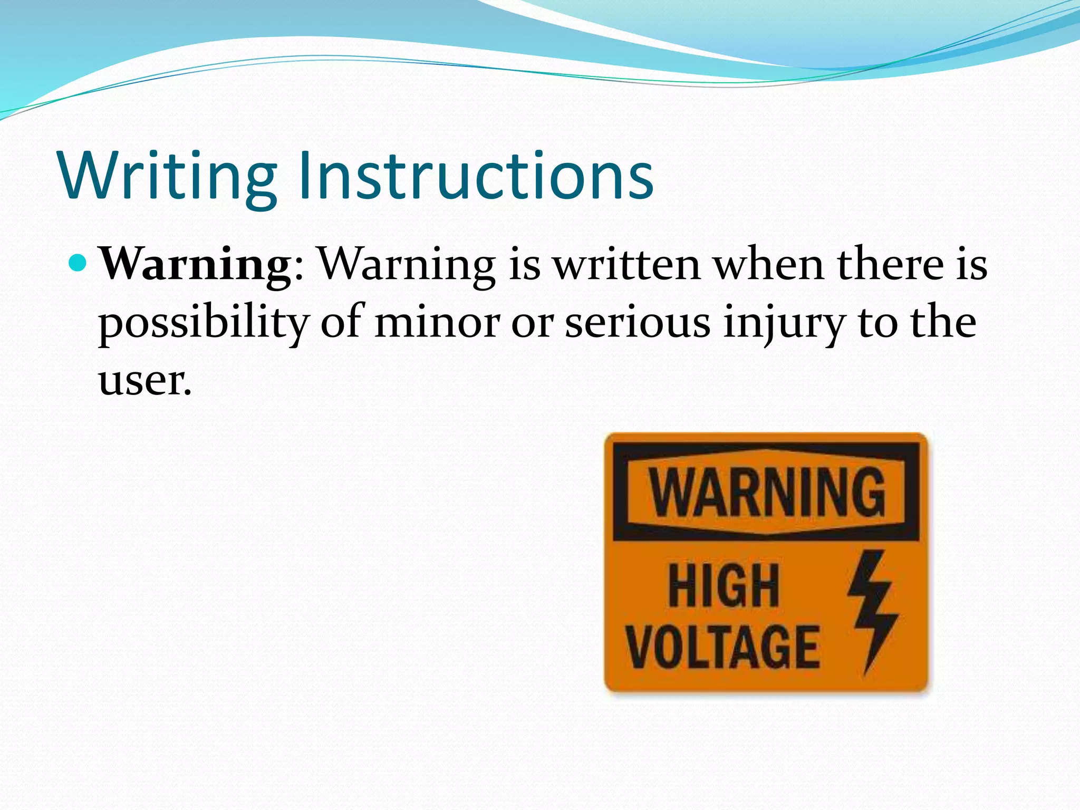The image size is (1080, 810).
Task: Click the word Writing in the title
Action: click(x=168, y=176)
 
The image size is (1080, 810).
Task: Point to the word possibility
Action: click(x=203, y=323)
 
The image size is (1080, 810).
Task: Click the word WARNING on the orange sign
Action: click(x=767, y=492)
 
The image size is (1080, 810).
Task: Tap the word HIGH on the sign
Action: click(x=724, y=585)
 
